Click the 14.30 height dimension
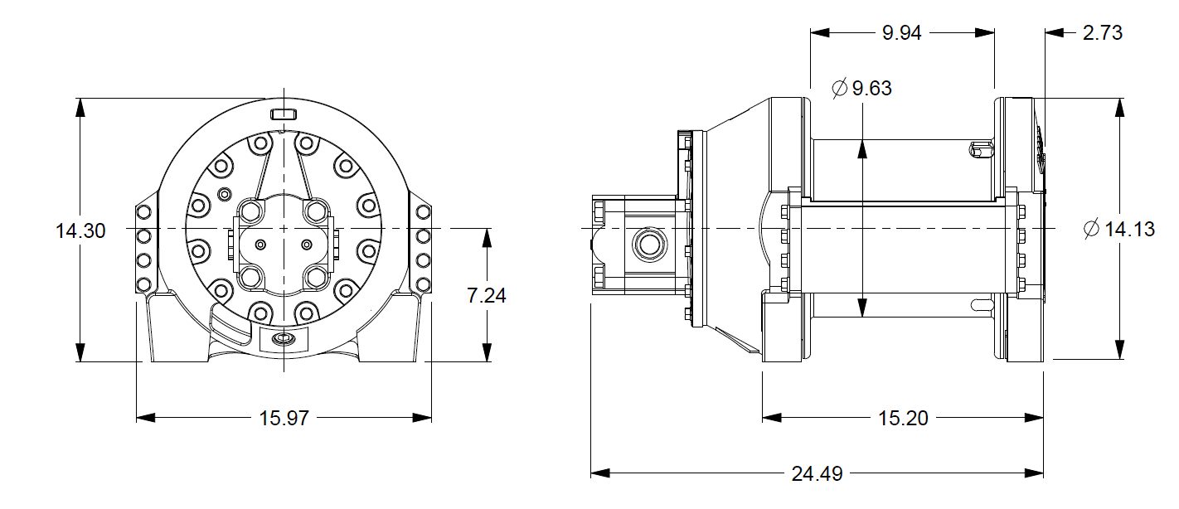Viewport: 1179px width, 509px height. click(x=80, y=231)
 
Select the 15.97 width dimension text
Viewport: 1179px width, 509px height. click(x=284, y=419)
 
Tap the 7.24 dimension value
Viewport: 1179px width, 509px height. click(x=486, y=296)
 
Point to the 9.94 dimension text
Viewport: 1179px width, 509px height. click(x=901, y=33)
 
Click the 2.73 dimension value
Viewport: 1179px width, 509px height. click(x=1102, y=33)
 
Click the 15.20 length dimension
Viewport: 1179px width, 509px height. click(x=903, y=419)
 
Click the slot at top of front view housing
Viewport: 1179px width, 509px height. click(x=284, y=113)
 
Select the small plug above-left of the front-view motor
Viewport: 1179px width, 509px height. click(x=222, y=194)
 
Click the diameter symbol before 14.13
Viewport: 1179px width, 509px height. click(x=1092, y=230)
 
